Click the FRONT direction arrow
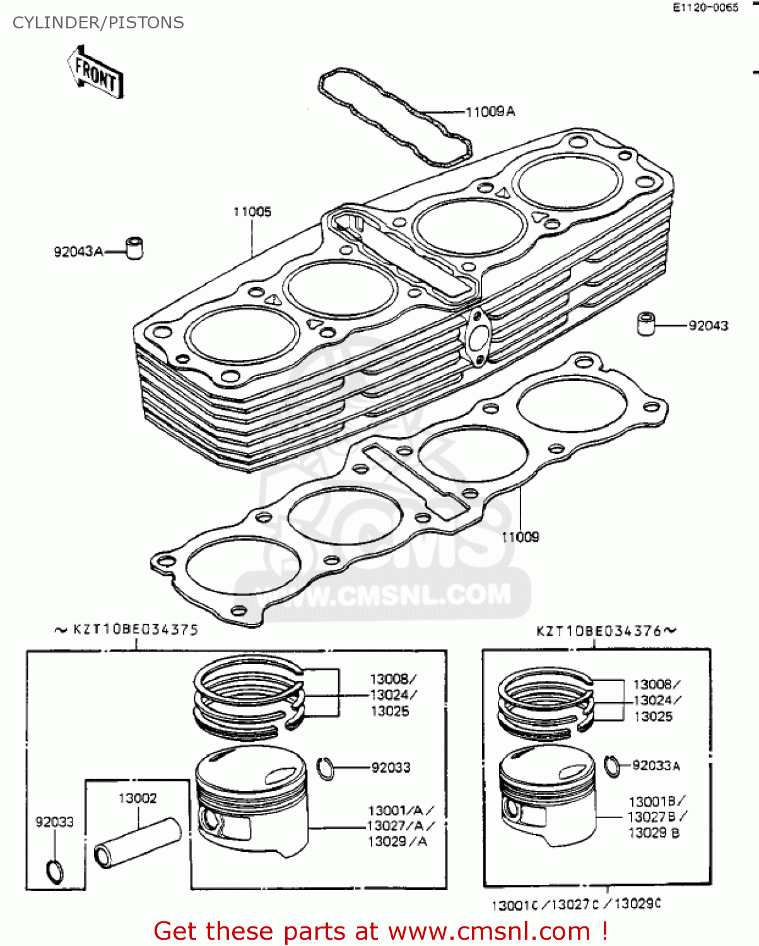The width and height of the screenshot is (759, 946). point(95,73)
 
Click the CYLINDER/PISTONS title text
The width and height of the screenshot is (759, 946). point(98,23)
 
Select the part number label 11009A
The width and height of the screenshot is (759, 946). point(490,112)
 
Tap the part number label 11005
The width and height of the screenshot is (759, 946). point(252,212)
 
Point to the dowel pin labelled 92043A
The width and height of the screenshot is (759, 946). point(134,248)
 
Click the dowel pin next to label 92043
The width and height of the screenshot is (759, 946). point(645,324)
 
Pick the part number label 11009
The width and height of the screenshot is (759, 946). point(521,537)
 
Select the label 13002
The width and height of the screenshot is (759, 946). point(138,798)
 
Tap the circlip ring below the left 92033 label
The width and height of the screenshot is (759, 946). point(55,871)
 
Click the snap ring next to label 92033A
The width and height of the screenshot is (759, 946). point(611,766)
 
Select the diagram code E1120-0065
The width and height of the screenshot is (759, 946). point(705,8)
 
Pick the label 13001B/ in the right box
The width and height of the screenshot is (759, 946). point(657,802)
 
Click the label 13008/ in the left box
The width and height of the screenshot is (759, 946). point(393,679)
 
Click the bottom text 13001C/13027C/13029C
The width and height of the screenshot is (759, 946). point(576,904)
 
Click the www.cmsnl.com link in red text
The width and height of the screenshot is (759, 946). point(489,931)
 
